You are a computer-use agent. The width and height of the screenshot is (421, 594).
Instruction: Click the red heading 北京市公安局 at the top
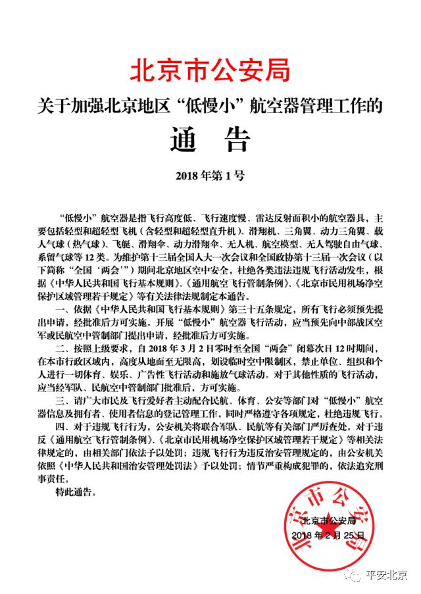210,68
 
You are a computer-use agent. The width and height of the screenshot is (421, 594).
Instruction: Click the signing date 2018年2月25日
327,536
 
